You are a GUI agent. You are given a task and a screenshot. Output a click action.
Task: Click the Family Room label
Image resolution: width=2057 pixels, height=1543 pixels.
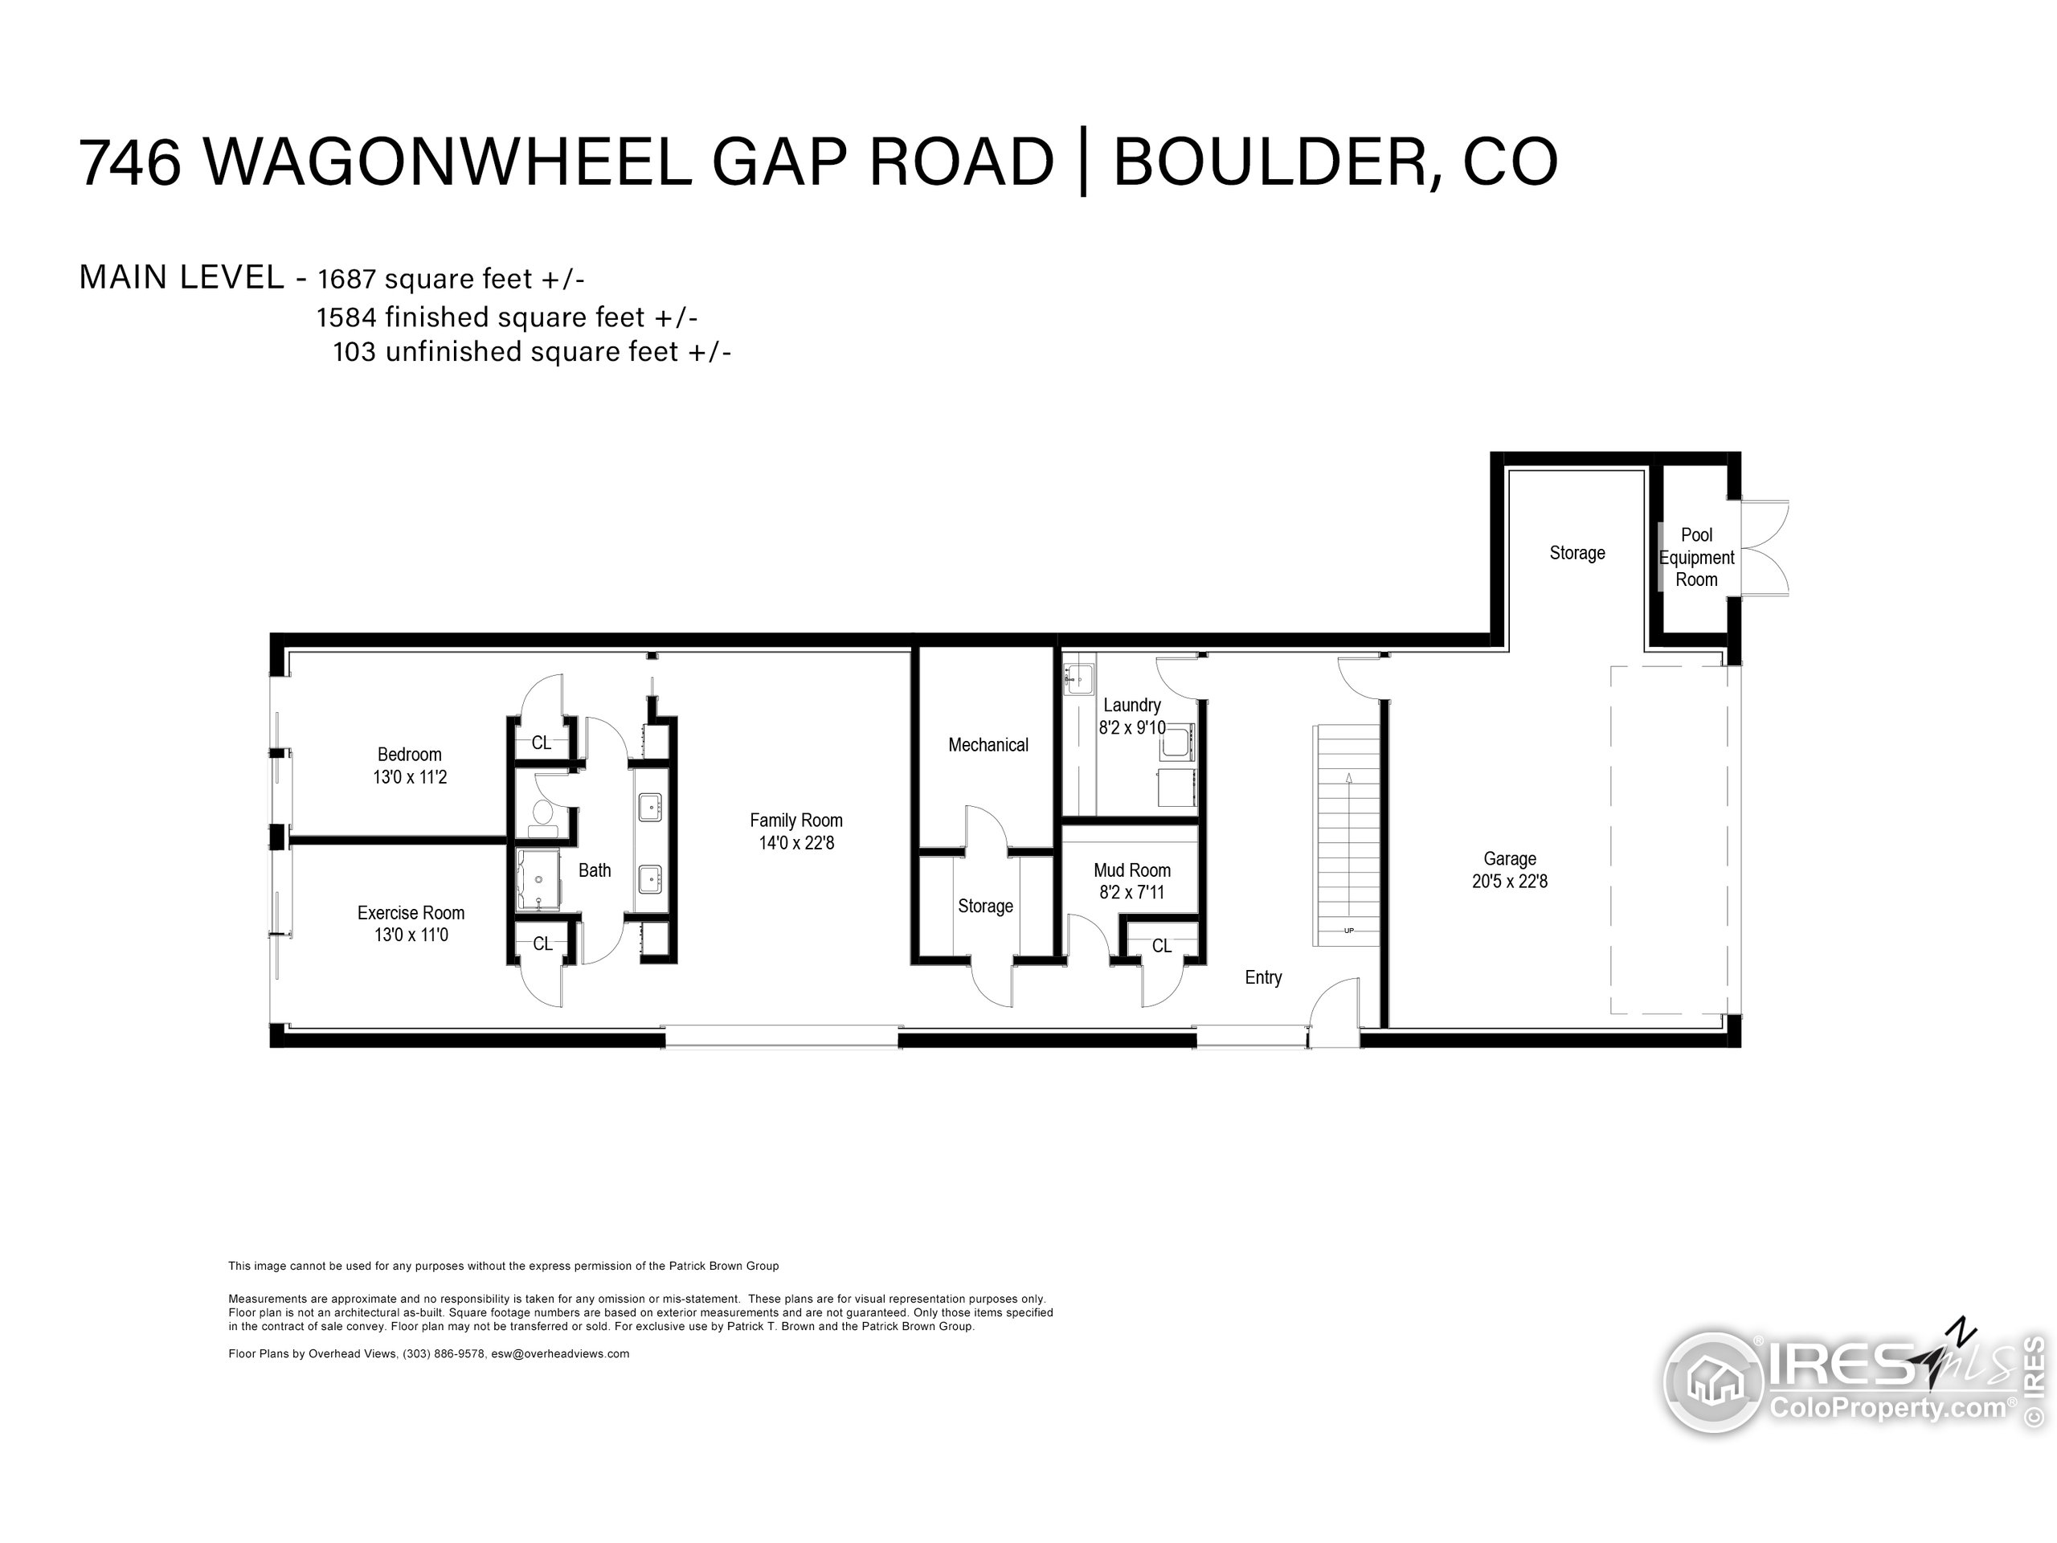(x=796, y=821)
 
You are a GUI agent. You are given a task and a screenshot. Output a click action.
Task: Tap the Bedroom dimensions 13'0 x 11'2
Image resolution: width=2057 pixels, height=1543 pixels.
(x=410, y=778)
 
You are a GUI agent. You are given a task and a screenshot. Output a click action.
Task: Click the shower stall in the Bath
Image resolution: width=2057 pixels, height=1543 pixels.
(x=538, y=879)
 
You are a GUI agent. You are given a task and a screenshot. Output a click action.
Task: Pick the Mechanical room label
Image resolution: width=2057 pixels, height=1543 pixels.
(x=988, y=745)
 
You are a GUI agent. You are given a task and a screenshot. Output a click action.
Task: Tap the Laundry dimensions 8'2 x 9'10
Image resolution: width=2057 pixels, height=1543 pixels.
(x=1131, y=728)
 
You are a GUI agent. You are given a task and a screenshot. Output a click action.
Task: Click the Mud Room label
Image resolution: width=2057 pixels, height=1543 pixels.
(x=1131, y=870)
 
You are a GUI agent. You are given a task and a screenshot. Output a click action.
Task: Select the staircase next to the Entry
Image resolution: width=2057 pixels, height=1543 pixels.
(x=1347, y=835)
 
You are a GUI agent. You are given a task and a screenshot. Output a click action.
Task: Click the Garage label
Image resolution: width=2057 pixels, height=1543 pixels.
(x=1509, y=859)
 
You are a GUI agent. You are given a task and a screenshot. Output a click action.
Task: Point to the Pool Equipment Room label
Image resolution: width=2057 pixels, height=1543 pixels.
(x=1696, y=557)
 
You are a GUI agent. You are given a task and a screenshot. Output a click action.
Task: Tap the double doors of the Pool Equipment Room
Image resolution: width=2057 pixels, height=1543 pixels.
(x=1763, y=549)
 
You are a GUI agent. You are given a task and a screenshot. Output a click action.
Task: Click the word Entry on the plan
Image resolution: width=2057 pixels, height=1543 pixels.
(x=1263, y=977)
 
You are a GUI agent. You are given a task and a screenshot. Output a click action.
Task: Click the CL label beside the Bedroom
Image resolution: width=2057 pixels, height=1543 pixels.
(x=542, y=743)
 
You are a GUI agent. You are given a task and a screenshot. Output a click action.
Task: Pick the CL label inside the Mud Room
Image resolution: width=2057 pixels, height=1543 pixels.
(x=1161, y=946)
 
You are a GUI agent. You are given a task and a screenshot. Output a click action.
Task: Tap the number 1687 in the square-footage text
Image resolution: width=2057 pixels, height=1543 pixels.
(x=346, y=279)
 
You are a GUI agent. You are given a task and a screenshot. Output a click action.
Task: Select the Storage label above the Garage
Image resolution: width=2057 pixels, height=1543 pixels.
(x=1577, y=554)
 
